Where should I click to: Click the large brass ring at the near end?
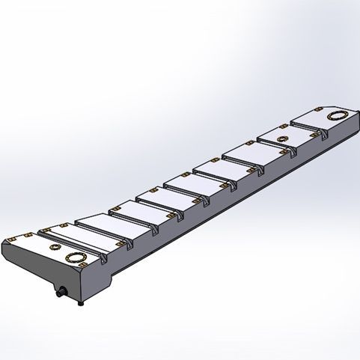pos(78,258)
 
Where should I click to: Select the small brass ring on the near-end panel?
pos(54,246)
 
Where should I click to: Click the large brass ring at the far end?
pos(337,115)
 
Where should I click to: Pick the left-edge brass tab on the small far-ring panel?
pos(261,137)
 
